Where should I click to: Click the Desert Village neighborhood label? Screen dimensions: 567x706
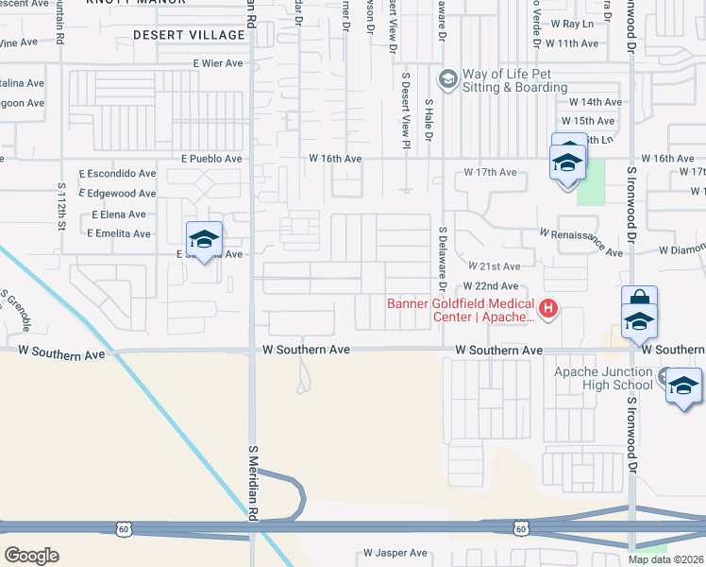189,35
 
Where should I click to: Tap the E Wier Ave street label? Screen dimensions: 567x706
218,63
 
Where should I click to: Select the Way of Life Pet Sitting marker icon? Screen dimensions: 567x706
447,77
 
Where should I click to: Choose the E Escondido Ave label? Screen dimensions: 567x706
118,174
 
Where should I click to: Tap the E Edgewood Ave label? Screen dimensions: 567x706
120,193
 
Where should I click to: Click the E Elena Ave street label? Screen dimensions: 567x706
119,215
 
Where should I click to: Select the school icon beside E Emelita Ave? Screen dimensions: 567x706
204,238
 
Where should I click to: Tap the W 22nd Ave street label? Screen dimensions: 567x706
490,286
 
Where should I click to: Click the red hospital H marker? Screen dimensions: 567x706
546,307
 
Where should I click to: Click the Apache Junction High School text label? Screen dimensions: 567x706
603,378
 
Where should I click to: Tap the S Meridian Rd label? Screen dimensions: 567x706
252,482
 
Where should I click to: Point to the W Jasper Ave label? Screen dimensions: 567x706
395,553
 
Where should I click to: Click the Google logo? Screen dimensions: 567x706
31,556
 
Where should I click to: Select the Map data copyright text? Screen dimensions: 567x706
666,559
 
